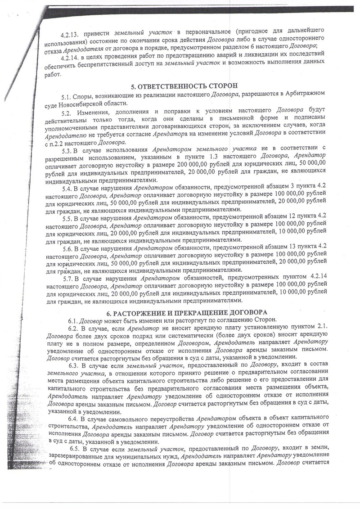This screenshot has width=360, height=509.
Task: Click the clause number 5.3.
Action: (x=67, y=149)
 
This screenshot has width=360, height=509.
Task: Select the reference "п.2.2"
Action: (x=56, y=141)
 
